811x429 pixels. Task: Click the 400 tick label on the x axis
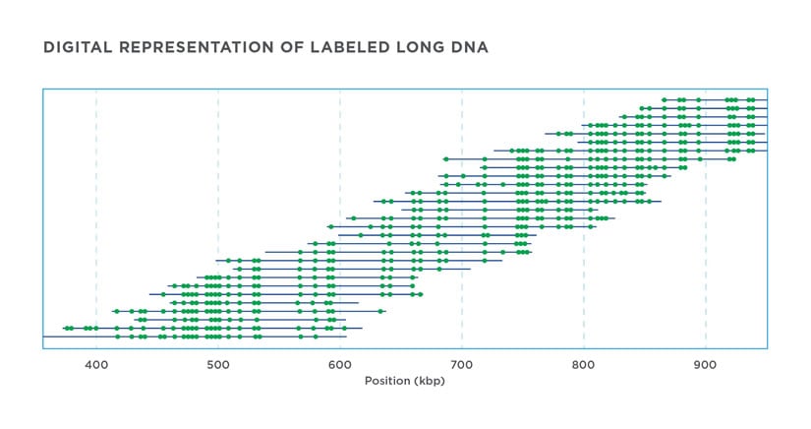[96, 366]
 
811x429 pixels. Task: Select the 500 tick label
[218, 366]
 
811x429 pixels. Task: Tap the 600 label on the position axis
[340, 366]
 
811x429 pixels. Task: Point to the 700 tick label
[462, 366]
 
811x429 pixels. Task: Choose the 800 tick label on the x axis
[584, 366]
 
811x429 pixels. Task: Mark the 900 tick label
[706, 366]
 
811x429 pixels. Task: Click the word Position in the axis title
[387, 380]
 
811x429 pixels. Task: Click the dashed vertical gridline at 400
[96, 197]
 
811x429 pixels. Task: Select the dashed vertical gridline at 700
[462, 118]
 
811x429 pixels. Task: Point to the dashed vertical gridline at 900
[706, 246]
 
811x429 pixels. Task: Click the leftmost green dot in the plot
[66, 328]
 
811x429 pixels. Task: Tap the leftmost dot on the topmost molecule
[665, 99]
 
